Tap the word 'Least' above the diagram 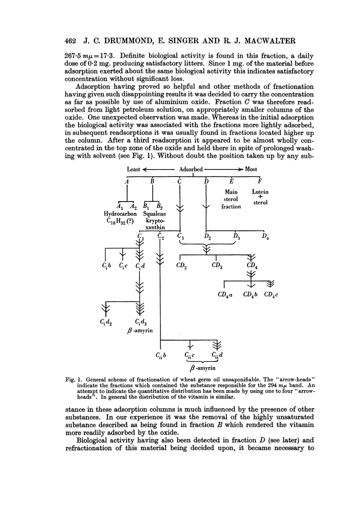coord(133,169)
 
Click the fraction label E coord(232,181)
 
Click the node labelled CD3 coord(217,266)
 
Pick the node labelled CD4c coord(272,294)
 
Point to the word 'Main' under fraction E coord(231,192)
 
